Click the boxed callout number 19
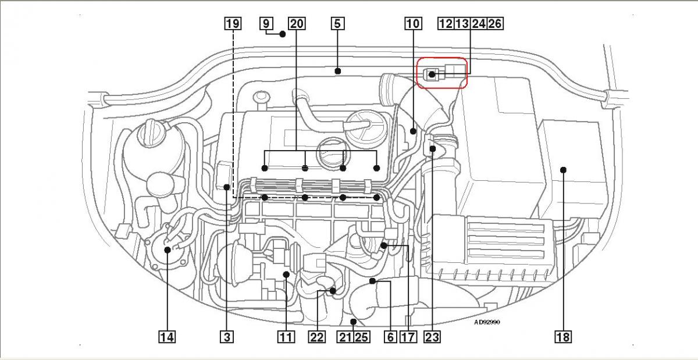click(x=232, y=24)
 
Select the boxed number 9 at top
click(x=266, y=24)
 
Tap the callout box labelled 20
click(x=297, y=24)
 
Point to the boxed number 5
click(x=337, y=24)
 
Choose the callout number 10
click(x=412, y=24)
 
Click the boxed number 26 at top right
click(x=496, y=24)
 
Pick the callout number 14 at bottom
click(x=166, y=336)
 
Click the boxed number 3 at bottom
click(x=227, y=336)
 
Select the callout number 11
click(x=286, y=336)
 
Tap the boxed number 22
click(x=316, y=336)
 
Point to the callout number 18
click(x=563, y=336)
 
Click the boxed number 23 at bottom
click(x=432, y=336)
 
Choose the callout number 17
click(x=408, y=336)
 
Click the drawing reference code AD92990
click(x=486, y=322)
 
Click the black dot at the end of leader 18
click(x=563, y=170)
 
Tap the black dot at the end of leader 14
click(x=167, y=250)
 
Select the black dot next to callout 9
click(x=283, y=34)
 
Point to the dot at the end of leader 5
click(x=337, y=72)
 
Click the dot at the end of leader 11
click(x=286, y=274)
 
